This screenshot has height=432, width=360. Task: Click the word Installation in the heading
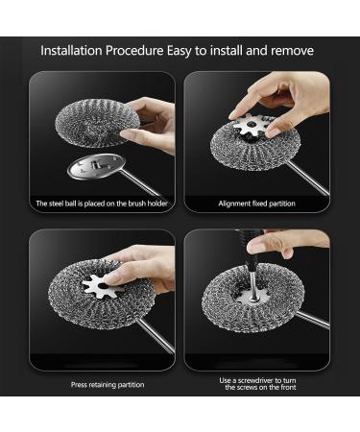tap(71, 51)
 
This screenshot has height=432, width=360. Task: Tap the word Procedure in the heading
tap(134, 51)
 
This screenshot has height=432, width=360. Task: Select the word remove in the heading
tap(292, 51)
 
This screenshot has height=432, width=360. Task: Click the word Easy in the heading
tap(179, 51)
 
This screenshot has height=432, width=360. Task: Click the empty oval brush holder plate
tap(94, 166)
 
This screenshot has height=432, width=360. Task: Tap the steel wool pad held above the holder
tap(97, 123)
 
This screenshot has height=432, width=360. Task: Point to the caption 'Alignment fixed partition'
tap(256, 204)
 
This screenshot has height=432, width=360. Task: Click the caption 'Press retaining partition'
tap(108, 385)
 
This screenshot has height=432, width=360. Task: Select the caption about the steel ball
tap(102, 204)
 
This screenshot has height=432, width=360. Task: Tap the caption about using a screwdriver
tap(257, 384)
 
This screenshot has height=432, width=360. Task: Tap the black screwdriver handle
tap(250, 247)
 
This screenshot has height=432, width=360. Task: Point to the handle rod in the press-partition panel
tap(156, 335)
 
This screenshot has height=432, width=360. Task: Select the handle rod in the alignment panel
tap(308, 178)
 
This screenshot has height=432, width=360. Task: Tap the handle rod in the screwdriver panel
tap(312, 319)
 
